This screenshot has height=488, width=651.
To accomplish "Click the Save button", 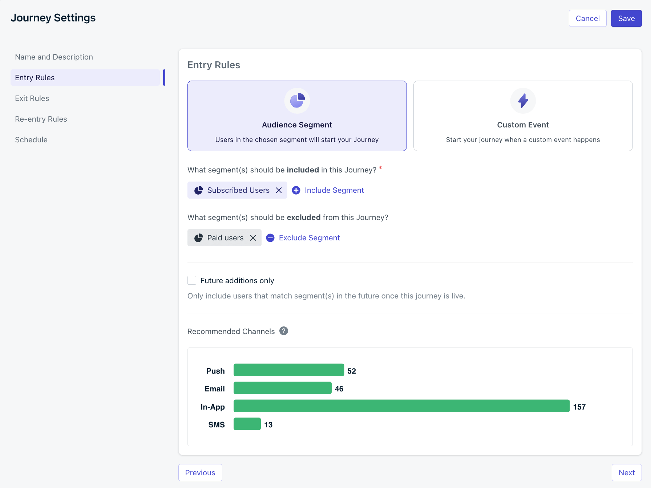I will click(626, 19).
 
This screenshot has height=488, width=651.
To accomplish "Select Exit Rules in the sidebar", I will click(32, 98).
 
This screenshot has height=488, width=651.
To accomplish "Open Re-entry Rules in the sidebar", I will click(41, 119).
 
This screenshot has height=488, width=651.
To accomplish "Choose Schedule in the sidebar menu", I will click(31, 140).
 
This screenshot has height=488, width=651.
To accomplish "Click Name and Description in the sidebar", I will click(54, 57).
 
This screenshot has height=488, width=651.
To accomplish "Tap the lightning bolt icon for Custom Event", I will click(523, 101).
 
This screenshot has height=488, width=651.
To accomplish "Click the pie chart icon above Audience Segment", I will click(297, 101).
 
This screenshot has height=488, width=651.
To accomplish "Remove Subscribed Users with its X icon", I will click(279, 190).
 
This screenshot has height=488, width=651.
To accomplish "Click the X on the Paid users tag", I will click(253, 238).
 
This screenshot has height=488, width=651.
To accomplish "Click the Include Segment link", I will click(334, 190).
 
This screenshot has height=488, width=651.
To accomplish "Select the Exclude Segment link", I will click(309, 238).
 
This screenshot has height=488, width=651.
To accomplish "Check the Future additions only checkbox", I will click(192, 280).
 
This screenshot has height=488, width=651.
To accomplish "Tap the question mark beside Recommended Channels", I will click(284, 331).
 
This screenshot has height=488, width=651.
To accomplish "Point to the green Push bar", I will click(288, 370).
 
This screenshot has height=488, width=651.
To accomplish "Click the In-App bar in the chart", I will click(401, 406).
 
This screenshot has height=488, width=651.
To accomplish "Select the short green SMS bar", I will click(247, 424).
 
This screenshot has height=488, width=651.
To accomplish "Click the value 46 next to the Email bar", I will click(339, 389).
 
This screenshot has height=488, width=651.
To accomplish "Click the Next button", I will click(626, 473).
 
